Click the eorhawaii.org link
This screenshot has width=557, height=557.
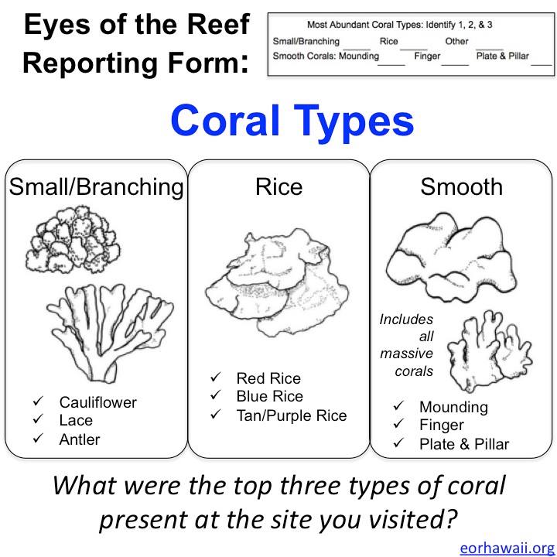pos(507,548)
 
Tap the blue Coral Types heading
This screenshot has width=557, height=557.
pos(292,121)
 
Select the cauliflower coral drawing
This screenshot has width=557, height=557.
pos(73,239)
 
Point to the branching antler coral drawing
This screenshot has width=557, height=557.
pos(110,333)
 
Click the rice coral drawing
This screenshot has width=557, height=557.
pos(277,282)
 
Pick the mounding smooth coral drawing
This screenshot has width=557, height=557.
pos(451,258)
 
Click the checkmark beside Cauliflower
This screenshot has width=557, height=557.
pos(38,401)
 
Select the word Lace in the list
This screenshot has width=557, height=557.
pos(76,421)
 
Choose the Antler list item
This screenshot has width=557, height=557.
pos(80,439)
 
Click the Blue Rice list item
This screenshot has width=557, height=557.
pos(270,396)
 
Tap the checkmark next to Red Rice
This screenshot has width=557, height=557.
pos(216,377)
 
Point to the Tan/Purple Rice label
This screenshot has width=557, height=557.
pos(292,415)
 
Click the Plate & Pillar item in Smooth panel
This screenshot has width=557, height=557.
pos(464,444)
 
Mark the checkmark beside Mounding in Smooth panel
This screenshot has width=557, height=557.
pos(398,405)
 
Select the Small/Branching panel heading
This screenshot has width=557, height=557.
pos(96,187)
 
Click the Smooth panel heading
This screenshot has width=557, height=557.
pos(461,186)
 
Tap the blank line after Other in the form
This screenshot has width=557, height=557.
pos(490,50)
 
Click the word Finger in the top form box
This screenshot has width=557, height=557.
pos(427,56)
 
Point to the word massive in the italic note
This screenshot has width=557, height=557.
pos(406,354)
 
